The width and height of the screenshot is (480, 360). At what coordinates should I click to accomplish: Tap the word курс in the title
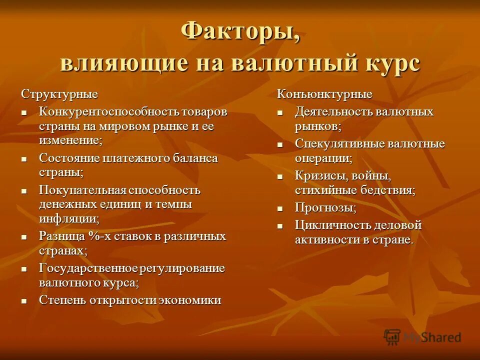(389, 64)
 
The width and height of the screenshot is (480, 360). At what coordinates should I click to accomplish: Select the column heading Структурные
(59, 94)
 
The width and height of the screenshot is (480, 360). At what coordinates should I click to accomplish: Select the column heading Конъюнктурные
(325, 94)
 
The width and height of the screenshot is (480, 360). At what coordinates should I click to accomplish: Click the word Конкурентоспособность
(102, 111)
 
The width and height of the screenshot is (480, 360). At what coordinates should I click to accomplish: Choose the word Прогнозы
(325, 207)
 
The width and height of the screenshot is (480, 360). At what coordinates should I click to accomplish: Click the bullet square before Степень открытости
(23, 301)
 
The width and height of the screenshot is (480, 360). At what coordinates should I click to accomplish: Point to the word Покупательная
(82, 190)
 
